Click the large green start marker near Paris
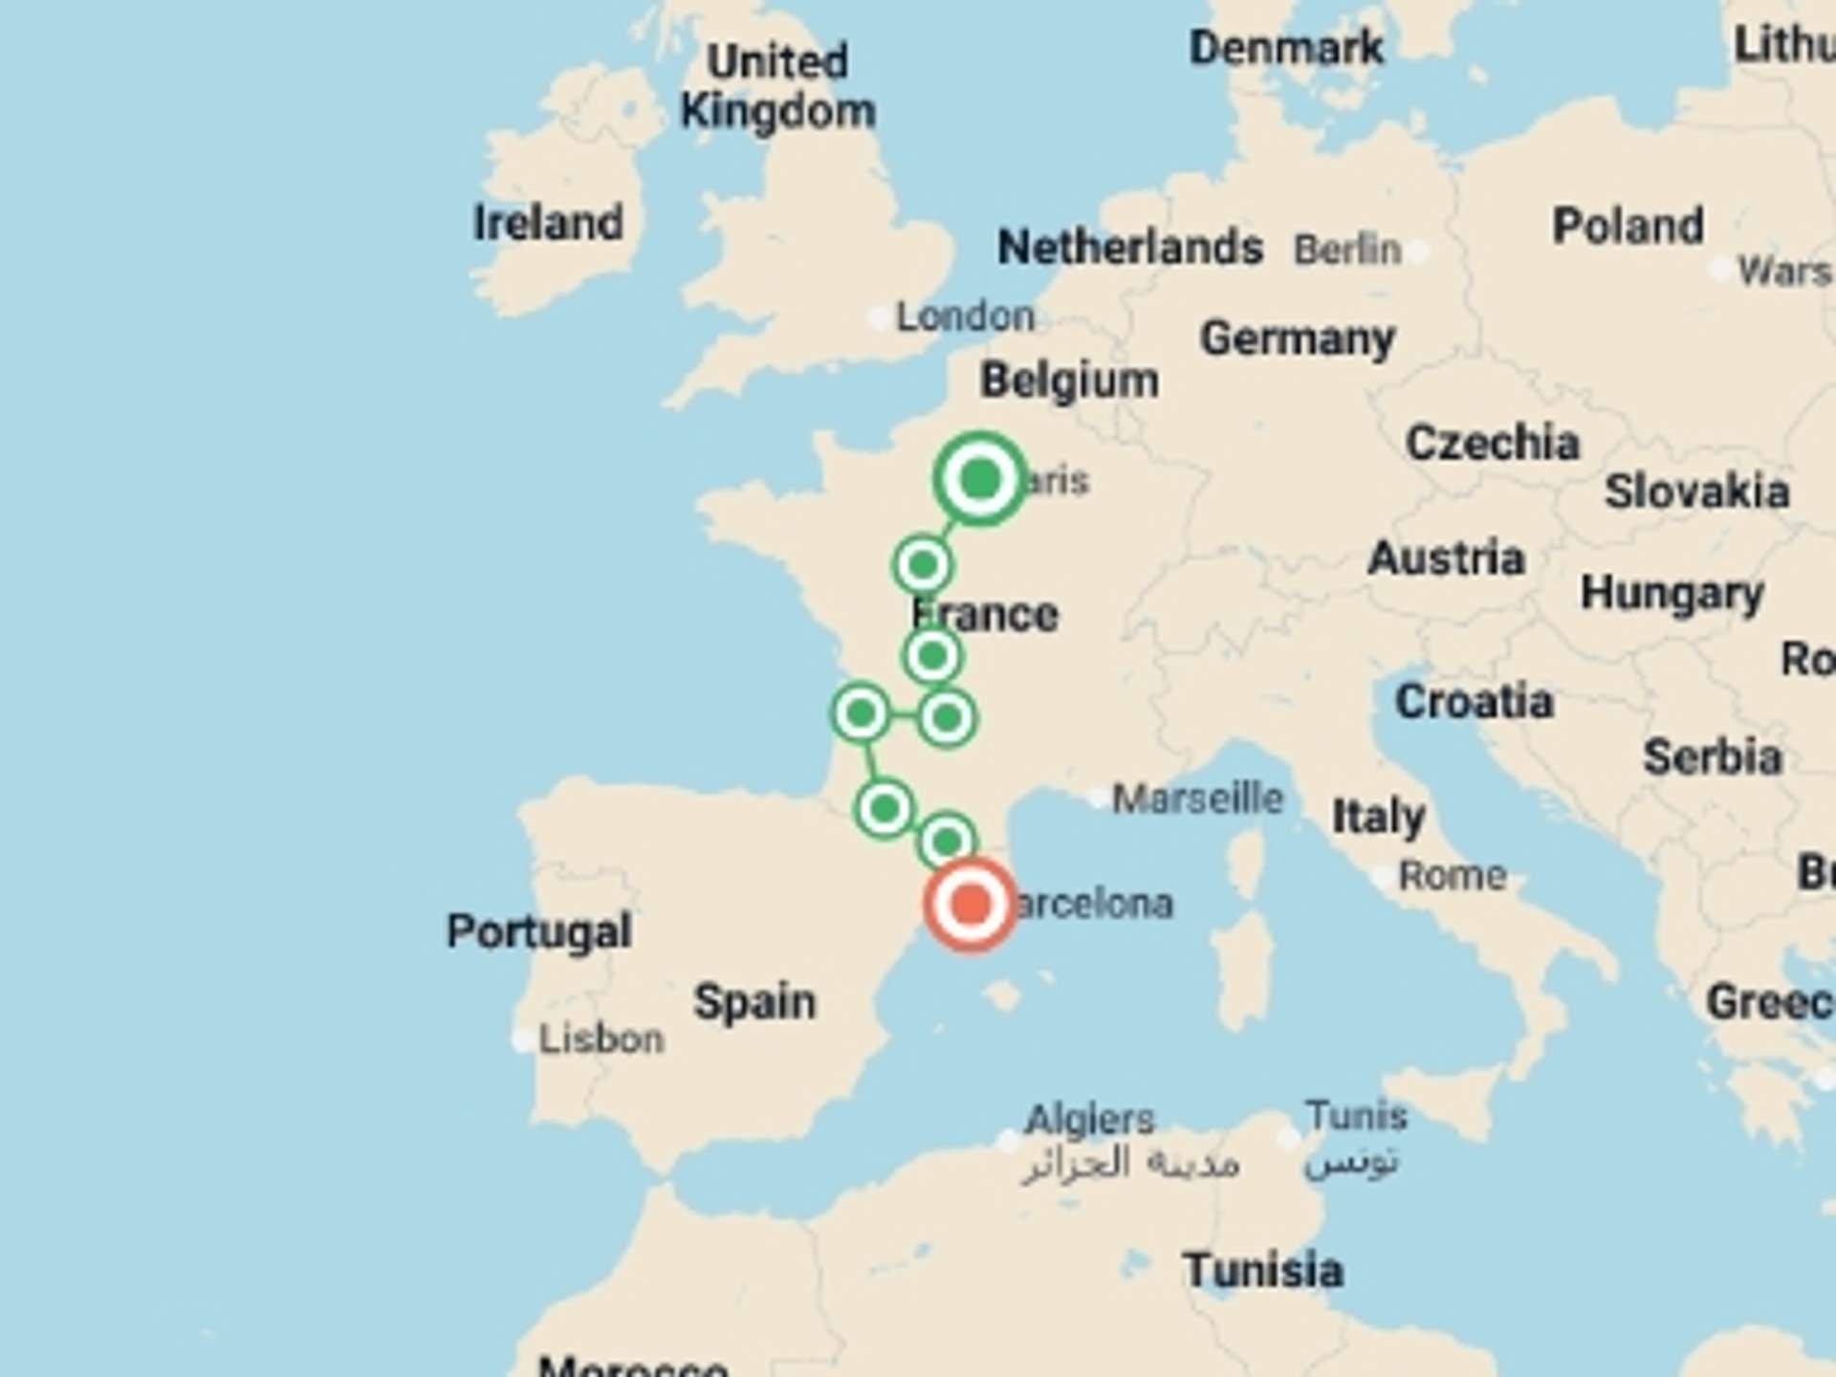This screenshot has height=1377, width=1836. coord(979,478)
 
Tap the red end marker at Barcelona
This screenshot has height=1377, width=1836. coord(970,904)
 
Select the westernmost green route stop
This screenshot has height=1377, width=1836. coord(861,712)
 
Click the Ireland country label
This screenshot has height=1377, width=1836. coord(548,223)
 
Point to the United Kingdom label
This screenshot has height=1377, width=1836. coord(777,87)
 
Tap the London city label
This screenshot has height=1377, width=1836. coord(964,317)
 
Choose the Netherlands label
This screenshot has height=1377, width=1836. coord(1129,248)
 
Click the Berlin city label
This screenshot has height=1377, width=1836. coord(1346,251)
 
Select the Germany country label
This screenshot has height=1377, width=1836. coord(1297,339)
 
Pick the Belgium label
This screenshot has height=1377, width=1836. coord(1068,381)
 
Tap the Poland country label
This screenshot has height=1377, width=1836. coord(1628,227)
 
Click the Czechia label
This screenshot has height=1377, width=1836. coord(1492,443)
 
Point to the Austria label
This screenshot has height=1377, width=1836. coord(1446,558)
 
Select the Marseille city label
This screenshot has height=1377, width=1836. coord(1196,798)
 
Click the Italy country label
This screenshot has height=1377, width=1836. coord(1378,816)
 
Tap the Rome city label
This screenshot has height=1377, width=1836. coord(1452,876)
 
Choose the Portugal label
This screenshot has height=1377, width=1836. coord(538,930)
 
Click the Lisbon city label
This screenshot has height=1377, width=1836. coord(600,1039)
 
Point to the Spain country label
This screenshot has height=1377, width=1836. coord(754,1002)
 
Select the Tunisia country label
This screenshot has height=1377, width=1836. coord(1262,1270)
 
